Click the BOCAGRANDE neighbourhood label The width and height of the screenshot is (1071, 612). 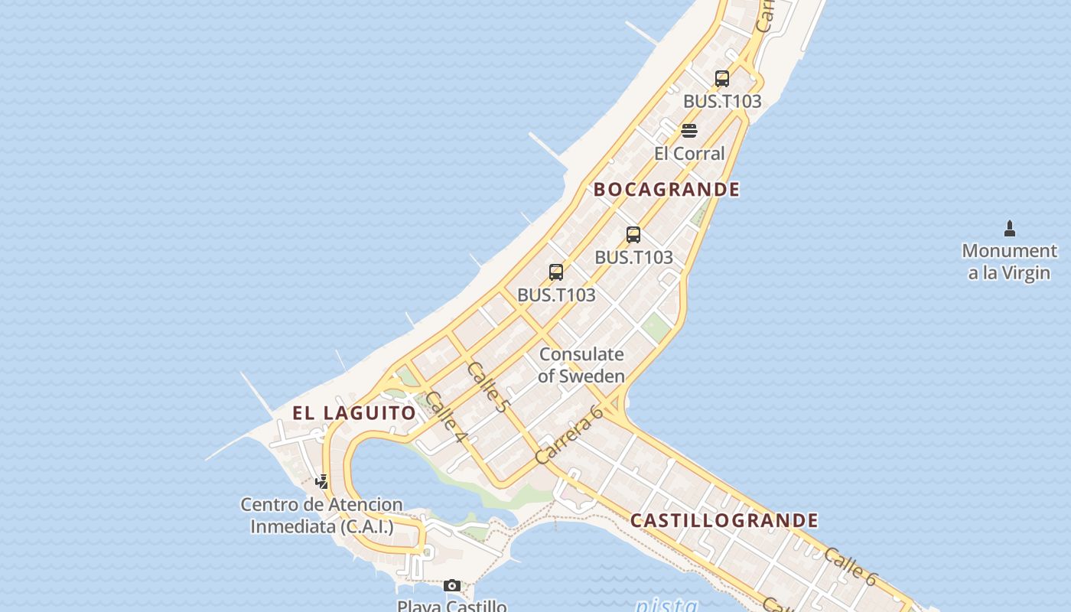pos(666,190)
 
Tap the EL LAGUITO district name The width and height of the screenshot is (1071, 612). pos(354,413)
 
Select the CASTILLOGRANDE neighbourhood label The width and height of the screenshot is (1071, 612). pos(724,521)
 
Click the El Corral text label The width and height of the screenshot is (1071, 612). pos(688,153)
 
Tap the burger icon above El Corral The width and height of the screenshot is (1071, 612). pos(688,131)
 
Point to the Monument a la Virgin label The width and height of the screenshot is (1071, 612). pos(1009,262)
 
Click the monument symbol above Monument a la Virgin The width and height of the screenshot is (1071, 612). pos(1009,228)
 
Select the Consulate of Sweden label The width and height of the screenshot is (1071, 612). pos(581,365)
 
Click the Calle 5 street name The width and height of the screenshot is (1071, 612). pos(487,388)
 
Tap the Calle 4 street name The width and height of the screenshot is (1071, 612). pos(446,417)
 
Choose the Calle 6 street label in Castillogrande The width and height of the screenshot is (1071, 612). pos(850,566)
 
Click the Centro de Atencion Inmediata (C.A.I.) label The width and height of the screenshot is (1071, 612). pos(321,516)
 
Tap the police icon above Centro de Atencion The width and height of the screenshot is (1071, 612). pos(322,482)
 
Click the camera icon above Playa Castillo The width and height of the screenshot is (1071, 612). pos(452,586)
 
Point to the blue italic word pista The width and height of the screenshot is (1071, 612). pos(666,605)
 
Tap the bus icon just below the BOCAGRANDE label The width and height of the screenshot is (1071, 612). pos(633,235)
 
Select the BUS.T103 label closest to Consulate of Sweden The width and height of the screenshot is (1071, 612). pos(556,295)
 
